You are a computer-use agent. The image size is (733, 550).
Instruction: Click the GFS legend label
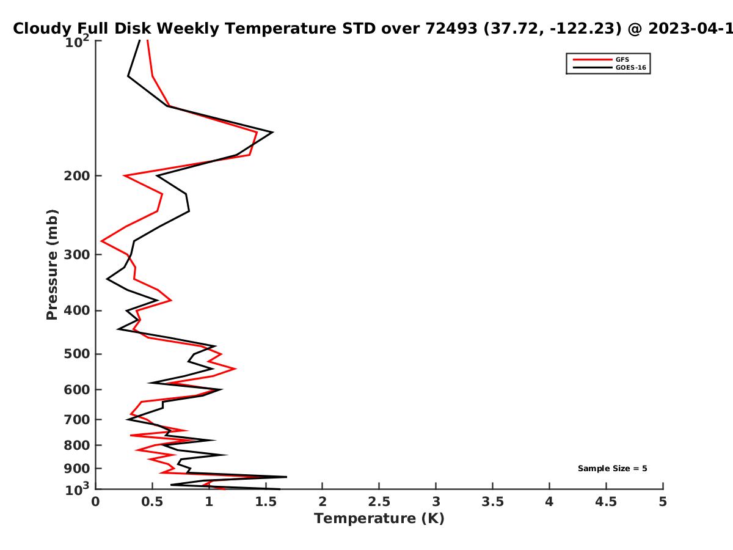pyautogui.click(x=622, y=59)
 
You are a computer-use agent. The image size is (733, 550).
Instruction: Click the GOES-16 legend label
pyautogui.click(x=631, y=67)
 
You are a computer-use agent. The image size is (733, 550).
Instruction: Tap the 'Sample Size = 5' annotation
pyautogui.click(x=613, y=468)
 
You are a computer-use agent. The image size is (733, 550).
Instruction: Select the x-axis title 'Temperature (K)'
pyautogui.click(x=379, y=518)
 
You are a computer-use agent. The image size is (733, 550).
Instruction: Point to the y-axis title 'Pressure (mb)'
pyautogui.click(x=52, y=265)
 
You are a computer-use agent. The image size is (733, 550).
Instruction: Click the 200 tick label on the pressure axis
pyautogui.click(x=77, y=175)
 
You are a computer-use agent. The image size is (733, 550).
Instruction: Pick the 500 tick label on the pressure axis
pyautogui.click(x=77, y=354)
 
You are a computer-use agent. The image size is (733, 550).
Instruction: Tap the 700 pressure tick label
pyautogui.click(x=77, y=419)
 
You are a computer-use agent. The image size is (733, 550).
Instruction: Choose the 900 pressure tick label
pyautogui.click(x=77, y=469)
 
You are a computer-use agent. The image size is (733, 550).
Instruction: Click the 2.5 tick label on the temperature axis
pyautogui.click(x=379, y=502)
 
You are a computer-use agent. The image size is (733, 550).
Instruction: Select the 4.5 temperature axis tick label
pyautogui.click(x=606, y=502)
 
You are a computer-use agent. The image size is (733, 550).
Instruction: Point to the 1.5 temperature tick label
pyautogui.click(x=266, y=502)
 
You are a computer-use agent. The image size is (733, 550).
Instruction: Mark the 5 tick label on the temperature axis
pyautogui.click(x=663, y=502)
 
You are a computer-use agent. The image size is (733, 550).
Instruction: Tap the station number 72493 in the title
pyautogui.click(x=451, y=28)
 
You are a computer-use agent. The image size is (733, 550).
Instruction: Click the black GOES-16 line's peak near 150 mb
pyautogui.click(x=273, y=132)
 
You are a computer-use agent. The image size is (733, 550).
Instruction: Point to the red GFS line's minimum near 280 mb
pyautogui.click(x=101, y=241)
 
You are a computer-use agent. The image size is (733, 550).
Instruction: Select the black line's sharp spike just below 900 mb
pyautogui.click(x=286, y=477)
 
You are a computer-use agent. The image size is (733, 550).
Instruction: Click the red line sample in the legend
pyautogui.click(x=593, y=59)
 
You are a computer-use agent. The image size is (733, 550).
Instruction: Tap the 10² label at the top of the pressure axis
pyautogui.click(x=77, y=42)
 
